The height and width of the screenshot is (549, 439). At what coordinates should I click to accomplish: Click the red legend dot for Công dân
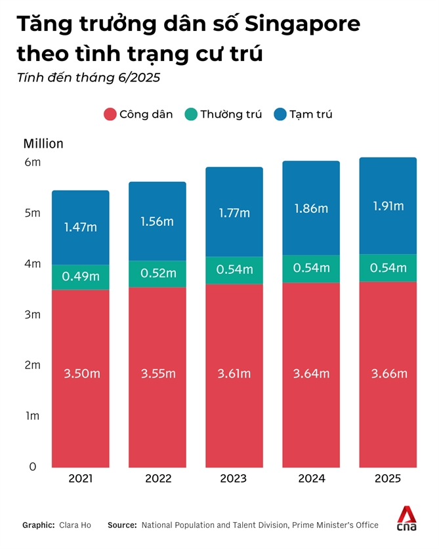click(110, 114)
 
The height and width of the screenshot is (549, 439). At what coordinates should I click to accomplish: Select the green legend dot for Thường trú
click(191, 114)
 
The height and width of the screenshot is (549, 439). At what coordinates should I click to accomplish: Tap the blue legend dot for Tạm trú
click(280, 114)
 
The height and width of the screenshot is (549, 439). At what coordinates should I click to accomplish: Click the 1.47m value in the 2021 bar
click(81, 227)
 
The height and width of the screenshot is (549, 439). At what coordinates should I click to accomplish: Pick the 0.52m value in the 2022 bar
click(157, 273)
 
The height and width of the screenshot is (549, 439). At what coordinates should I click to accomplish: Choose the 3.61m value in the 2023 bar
click(234, 374)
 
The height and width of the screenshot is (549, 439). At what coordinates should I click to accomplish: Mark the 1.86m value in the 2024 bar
click(311, 209)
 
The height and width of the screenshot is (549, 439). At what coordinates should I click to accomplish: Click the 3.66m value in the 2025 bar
click(388, 374)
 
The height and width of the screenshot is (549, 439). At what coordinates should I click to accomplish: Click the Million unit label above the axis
click(43, 143)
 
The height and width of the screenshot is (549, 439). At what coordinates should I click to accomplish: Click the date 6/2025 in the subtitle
click(138, 77)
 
